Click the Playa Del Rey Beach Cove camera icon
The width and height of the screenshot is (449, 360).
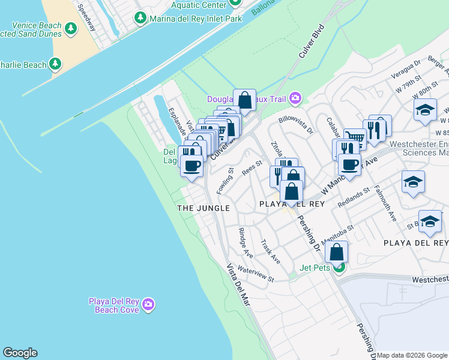[x=149, y=305]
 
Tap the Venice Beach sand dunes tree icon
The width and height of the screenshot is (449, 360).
[x=71, y=28]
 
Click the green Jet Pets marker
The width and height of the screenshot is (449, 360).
[x=339, y=267]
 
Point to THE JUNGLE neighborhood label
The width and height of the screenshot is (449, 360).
[x=203, y=208]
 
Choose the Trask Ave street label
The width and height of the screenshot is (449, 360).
[x=270, y=252]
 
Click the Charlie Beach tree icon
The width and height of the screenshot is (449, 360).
[x=56, y=64]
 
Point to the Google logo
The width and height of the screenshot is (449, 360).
[x=20, y=353]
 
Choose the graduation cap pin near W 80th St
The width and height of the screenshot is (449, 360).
[x=424, y=110]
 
